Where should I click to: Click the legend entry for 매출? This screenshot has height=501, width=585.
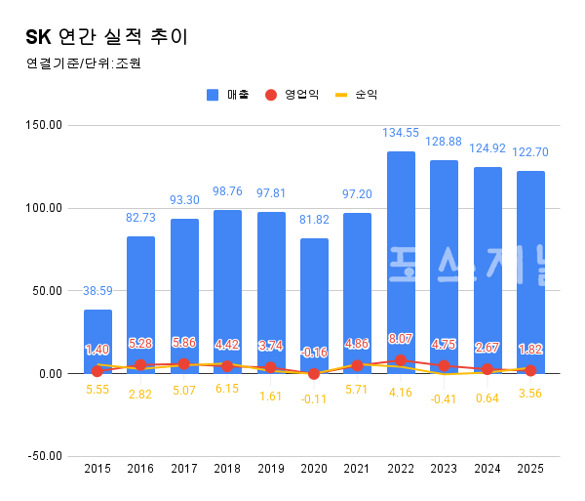pos(229,95)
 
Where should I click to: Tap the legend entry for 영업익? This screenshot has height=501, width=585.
pos(293,95)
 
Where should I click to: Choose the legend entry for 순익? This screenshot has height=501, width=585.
pos(358,95)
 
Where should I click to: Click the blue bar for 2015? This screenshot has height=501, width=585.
pos(97,341)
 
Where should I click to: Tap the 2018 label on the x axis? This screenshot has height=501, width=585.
pos(227,470)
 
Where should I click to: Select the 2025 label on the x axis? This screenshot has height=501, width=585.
pos(530,470)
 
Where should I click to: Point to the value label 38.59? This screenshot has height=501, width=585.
pos(97,291)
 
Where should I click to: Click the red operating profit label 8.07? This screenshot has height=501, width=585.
pos(401,339)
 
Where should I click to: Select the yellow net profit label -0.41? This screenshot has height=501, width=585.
pos(444,398)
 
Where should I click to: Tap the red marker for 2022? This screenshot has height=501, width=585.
pos(401,360)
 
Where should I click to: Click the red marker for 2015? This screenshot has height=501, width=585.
pos(97,371)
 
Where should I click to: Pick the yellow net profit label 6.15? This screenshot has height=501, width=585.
pos(227,388)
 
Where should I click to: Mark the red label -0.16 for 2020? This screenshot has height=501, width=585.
pos(314,352)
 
